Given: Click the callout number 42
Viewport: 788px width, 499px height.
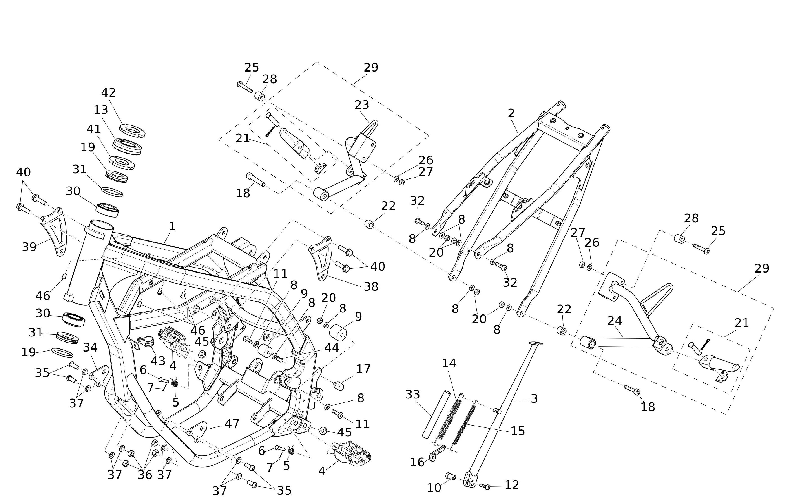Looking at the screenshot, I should point(108,92).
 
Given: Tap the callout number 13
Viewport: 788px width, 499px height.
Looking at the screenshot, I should point(101,110).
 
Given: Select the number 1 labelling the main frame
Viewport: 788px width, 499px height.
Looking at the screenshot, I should point(172,226).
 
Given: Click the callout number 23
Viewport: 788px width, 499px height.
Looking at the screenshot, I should point(362,105).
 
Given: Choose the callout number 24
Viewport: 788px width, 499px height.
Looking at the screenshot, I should point(615,321).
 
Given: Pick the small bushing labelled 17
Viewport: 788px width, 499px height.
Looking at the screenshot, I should point(339,386).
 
